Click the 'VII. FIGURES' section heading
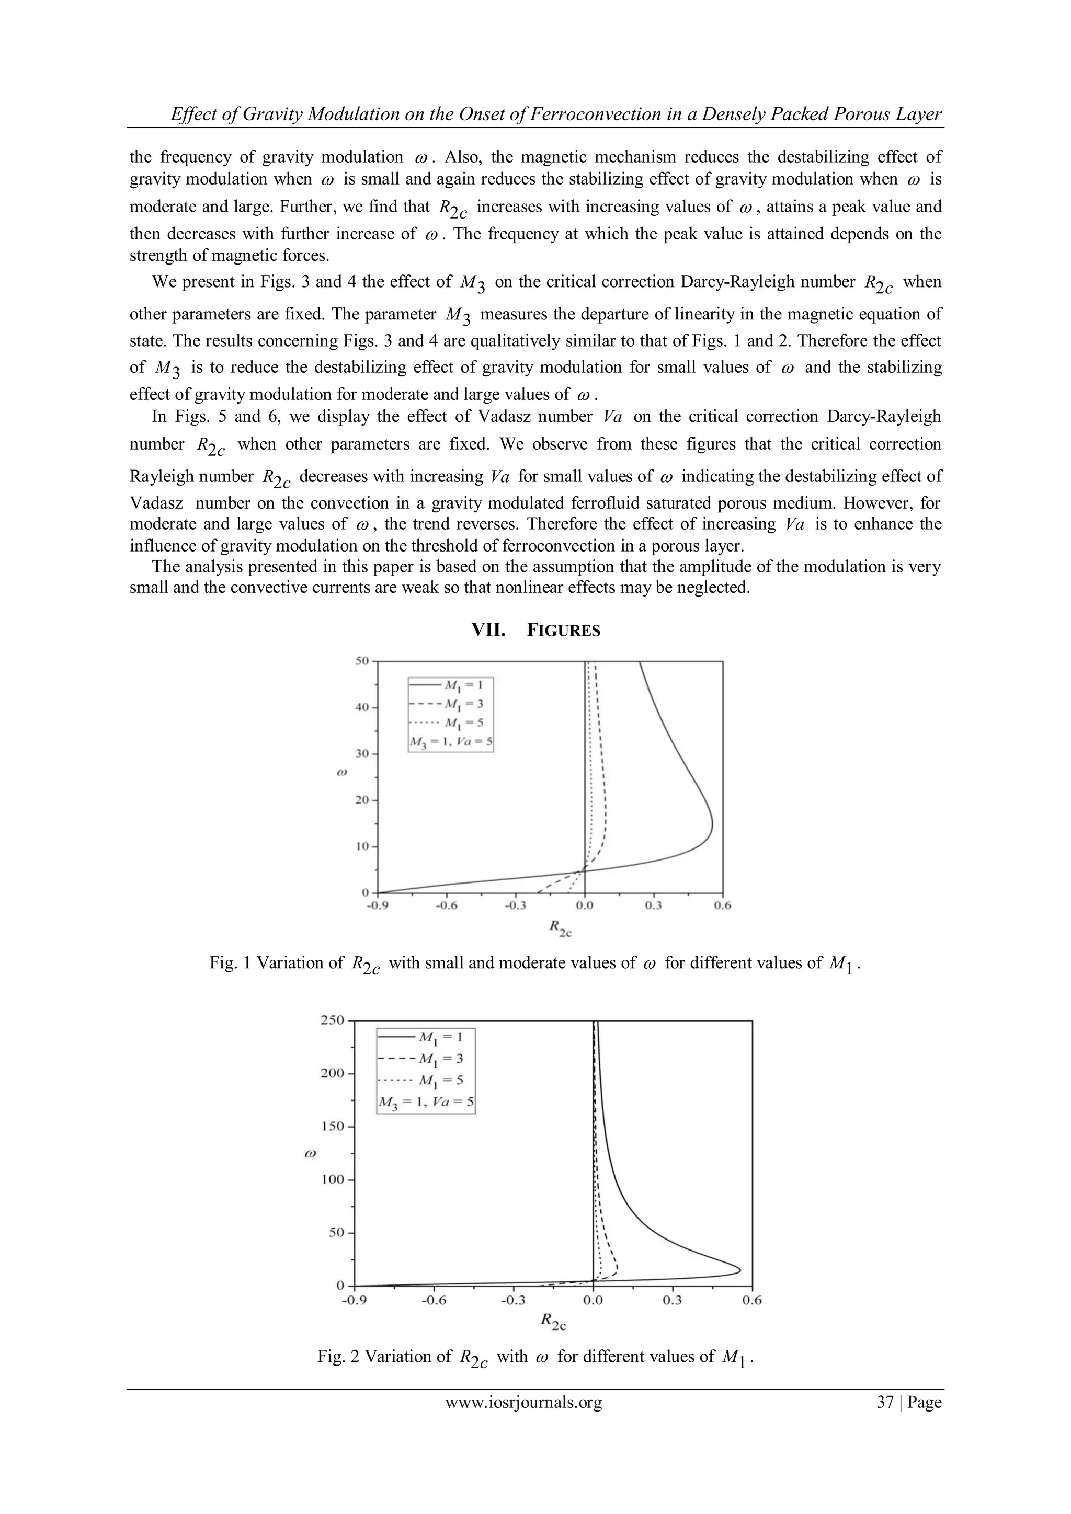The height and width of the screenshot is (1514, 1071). [535, 630]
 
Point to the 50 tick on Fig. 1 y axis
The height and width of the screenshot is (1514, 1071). [361, 660]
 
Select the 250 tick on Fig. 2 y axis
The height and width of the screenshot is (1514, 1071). [333, 1020]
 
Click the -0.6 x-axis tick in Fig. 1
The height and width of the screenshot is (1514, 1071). [447, 905]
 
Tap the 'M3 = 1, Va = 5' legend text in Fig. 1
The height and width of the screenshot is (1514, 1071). [451, 742]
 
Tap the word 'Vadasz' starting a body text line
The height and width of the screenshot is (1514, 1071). [157, 503]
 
